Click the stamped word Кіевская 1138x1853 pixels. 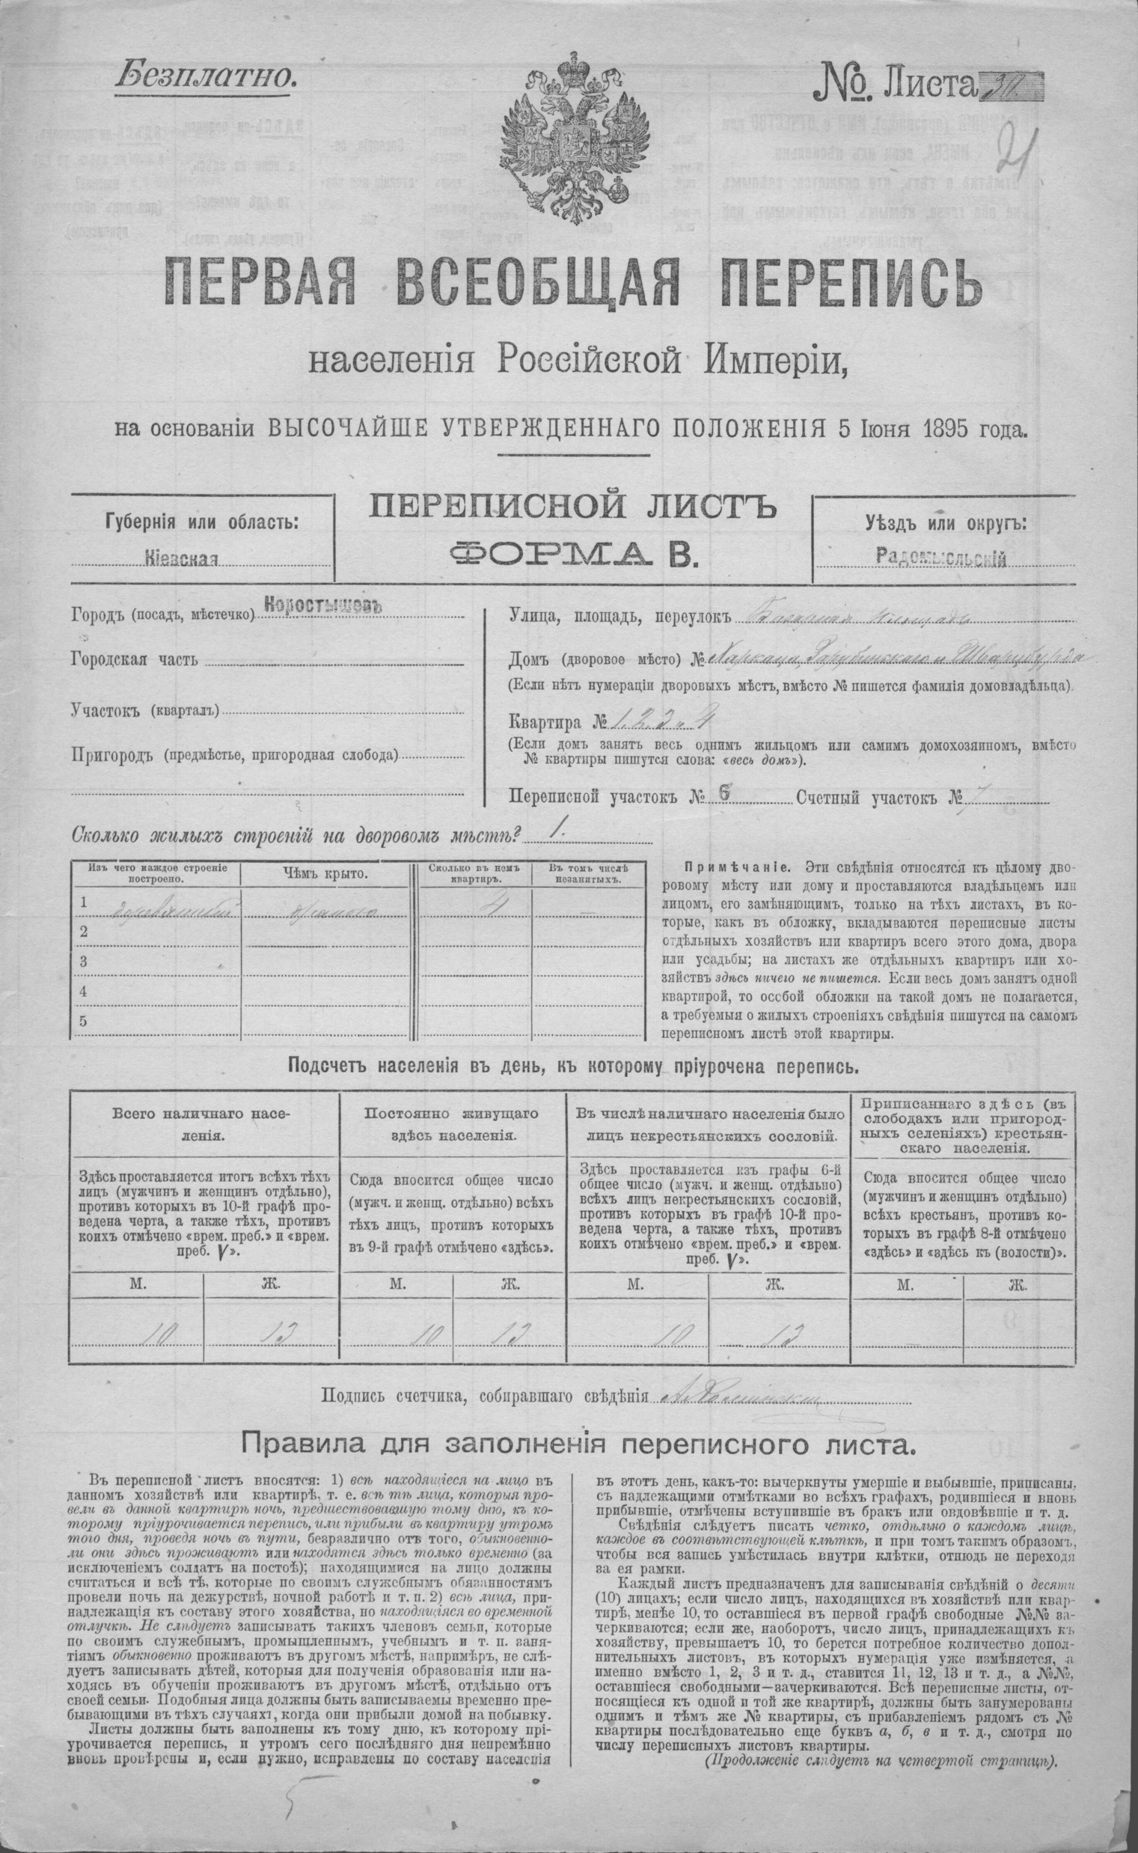tap(183, 559)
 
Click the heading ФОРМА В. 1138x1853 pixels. tap(573, 555)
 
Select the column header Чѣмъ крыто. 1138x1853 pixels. tap(325, 873)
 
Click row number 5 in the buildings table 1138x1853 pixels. tap(84, 1022)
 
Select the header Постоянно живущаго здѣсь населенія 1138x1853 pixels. tap(453, 1123)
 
